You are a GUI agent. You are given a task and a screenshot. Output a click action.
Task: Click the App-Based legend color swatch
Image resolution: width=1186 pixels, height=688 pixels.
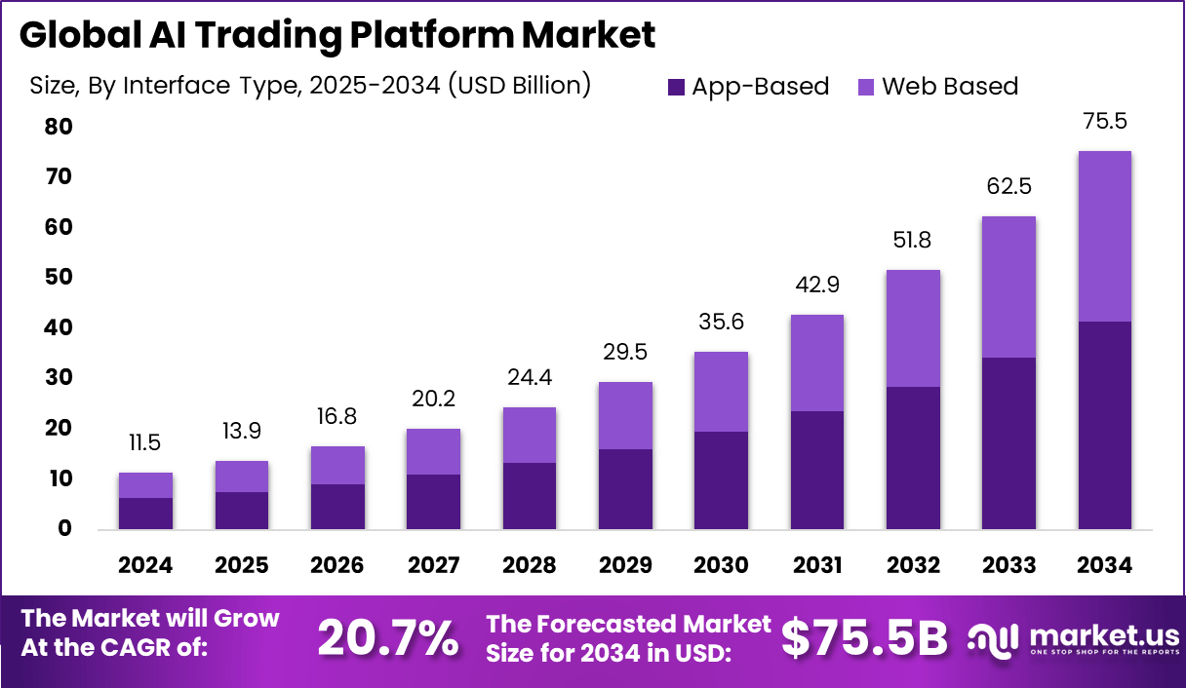[676, 87]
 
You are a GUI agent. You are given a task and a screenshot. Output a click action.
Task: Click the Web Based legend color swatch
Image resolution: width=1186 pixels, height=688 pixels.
[865, 87]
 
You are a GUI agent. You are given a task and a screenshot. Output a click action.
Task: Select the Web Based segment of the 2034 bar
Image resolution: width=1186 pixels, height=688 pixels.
[1104, 236]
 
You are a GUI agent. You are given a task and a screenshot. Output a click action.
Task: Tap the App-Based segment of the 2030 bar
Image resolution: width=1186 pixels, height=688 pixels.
[721, 479]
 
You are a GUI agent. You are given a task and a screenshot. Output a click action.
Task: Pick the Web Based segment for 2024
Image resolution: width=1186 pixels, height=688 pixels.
[146, 485]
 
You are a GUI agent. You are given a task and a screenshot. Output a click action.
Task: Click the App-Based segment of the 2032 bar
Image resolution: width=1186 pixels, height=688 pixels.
[913, 457]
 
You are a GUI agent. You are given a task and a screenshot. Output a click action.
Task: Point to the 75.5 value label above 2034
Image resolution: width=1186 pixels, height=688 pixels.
[1104, 122]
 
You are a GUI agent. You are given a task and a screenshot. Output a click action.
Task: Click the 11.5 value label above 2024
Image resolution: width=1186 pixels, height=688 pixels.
[146, 443]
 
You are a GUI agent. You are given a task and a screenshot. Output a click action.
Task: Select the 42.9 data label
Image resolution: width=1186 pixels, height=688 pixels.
[816, 286]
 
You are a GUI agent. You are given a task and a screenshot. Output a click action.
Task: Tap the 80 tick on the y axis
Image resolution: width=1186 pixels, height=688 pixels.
[58, 127]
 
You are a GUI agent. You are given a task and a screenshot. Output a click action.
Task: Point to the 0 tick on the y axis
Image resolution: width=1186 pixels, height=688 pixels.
[64, 529]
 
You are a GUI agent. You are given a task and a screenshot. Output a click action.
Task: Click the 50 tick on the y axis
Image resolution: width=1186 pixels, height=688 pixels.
[58, 278]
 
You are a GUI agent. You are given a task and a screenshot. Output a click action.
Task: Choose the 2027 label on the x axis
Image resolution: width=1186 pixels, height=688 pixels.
[433, 565]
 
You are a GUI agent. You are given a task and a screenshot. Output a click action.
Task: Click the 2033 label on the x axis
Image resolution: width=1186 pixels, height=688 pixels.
[1008, 565]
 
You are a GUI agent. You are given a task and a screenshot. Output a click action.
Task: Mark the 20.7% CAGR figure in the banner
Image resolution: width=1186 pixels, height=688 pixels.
[388, 639]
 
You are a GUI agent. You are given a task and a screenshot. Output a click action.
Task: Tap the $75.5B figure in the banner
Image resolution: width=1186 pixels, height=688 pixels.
[864, 639]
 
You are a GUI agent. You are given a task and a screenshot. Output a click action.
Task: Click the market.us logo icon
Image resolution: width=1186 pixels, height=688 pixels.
[994, 639]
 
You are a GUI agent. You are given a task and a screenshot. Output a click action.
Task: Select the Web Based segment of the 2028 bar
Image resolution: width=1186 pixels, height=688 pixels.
[530, 435]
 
